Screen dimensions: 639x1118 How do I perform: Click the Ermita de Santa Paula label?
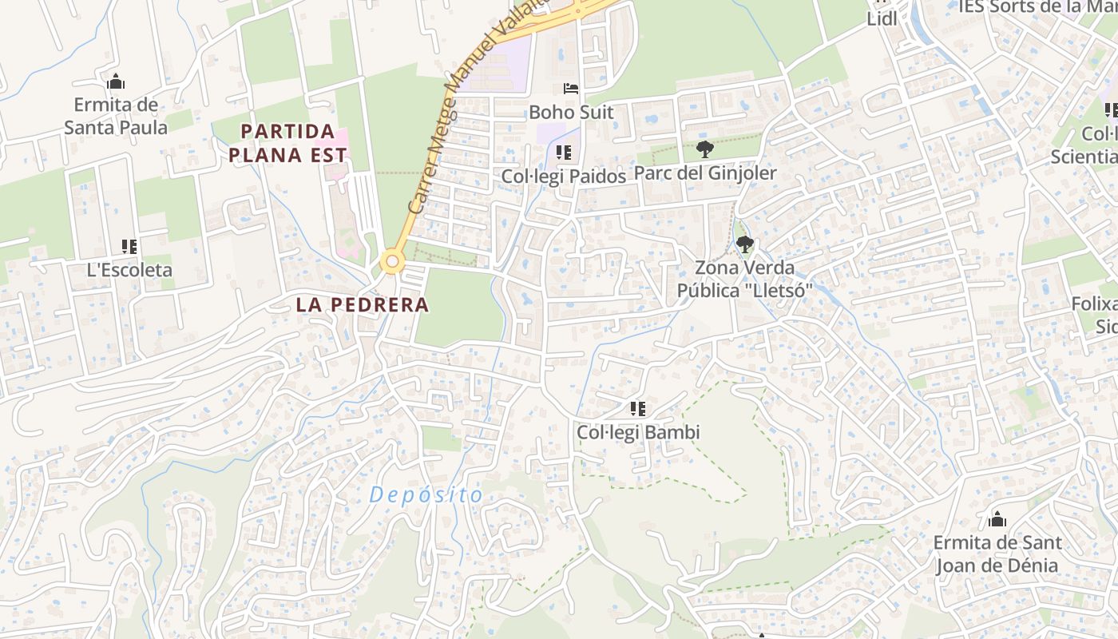116,116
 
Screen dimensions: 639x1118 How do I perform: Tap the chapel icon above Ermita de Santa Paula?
116,81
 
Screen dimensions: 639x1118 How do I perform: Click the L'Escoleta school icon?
129,247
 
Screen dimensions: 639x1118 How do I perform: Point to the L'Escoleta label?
129,270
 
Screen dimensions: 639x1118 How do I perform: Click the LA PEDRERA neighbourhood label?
363,304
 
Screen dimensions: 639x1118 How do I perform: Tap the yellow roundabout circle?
391,261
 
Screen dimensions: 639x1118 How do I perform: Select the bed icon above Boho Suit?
570,89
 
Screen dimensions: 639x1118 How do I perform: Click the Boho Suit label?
571,112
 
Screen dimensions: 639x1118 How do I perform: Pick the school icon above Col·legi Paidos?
564,152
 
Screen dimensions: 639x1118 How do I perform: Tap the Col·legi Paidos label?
564,176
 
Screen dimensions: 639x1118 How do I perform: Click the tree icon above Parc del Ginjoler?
704,149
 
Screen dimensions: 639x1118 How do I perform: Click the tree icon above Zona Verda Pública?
744,244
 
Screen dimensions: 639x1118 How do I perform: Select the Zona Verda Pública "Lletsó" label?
744,279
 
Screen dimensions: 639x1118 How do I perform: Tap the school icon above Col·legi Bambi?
637,410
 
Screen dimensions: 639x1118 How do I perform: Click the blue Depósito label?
426,495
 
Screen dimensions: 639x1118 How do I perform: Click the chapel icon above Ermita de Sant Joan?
997,520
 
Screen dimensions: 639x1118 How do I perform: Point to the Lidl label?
882,19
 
